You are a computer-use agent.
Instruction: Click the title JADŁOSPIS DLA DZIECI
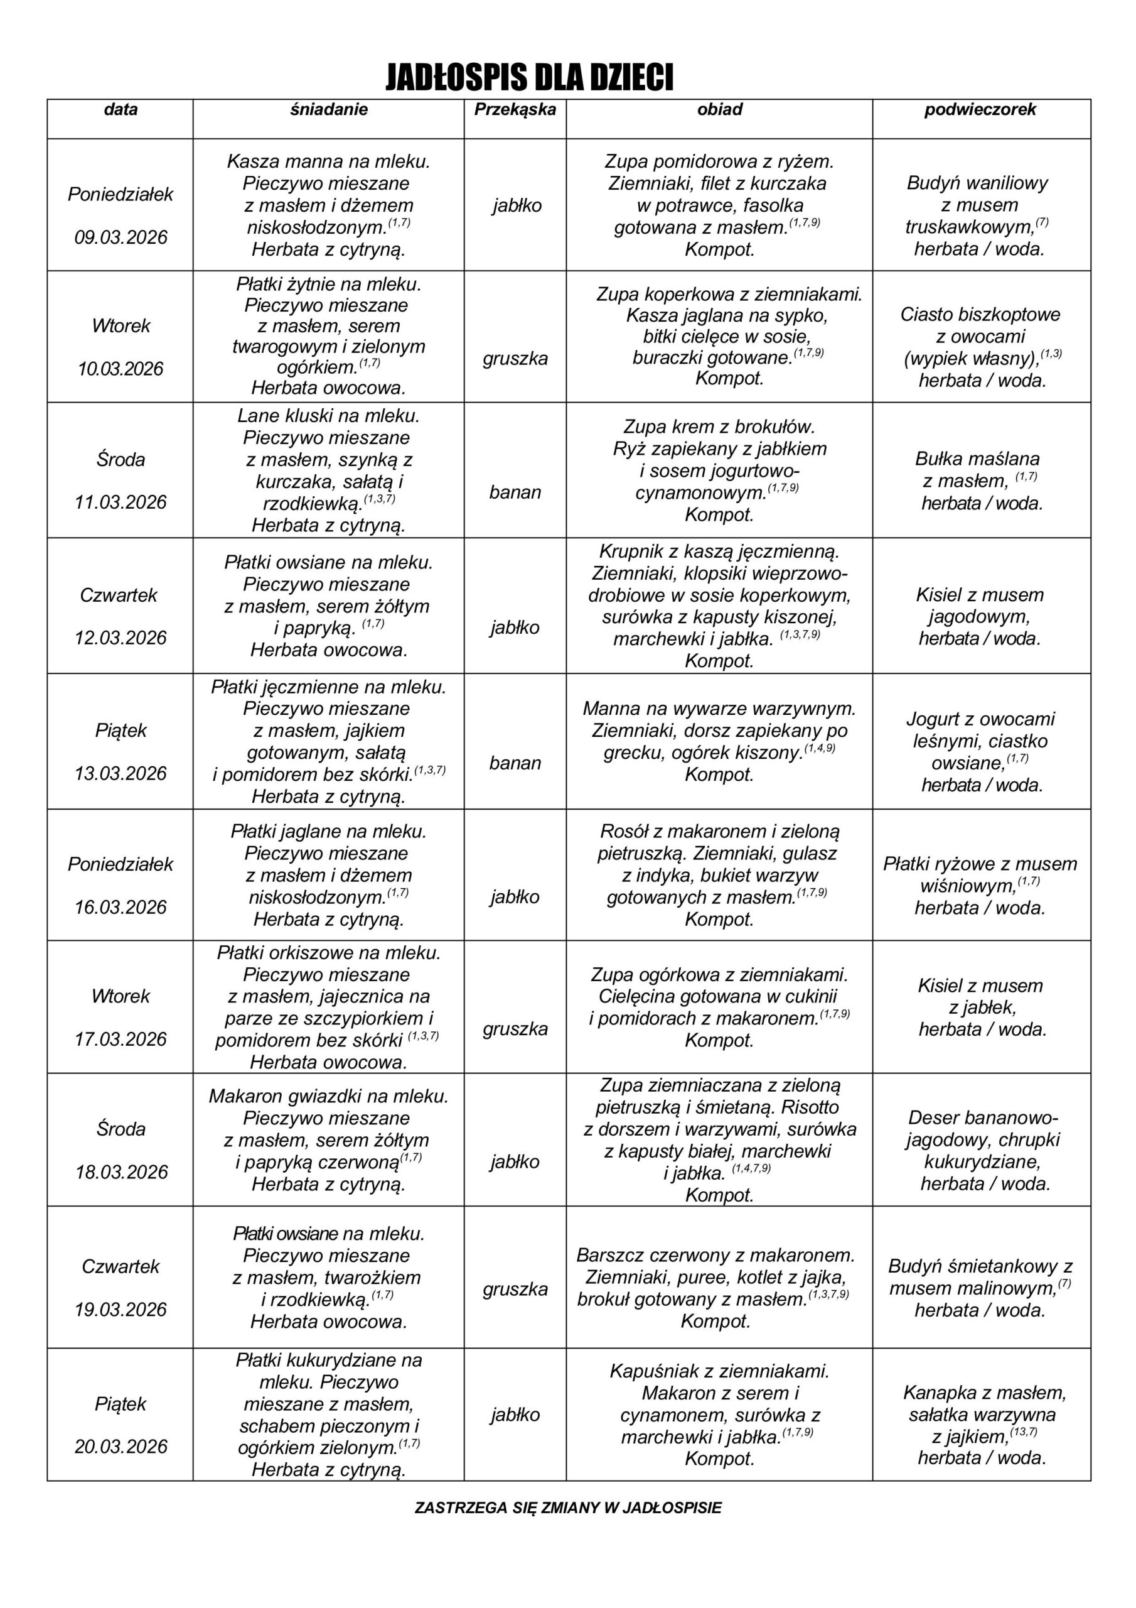tap(529, 77)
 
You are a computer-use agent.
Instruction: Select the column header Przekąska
tap(515, 110)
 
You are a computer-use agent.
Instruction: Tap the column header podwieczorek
tap(980, 110)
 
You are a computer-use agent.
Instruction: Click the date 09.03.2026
tap(121, 237)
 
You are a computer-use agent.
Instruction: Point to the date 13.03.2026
tap(121, 773)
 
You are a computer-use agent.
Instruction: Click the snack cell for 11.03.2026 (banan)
tap(515, 492)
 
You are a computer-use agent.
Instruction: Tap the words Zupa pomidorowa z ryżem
tap(719, 162)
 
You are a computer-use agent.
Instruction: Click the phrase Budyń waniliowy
tap(977, 183)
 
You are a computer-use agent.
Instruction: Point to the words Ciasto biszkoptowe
tap(980, 315)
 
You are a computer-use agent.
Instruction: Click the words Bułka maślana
tap(977, 459)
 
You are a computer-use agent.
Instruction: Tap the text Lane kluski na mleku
tap(328, 416)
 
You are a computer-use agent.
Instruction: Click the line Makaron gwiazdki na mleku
tap(328, 1096)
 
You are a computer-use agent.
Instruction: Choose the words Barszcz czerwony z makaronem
tap(715, 1255)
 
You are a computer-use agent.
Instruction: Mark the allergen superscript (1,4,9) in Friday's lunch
tap(820, 748)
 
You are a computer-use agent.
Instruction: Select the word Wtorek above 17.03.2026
tap(121, 996)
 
